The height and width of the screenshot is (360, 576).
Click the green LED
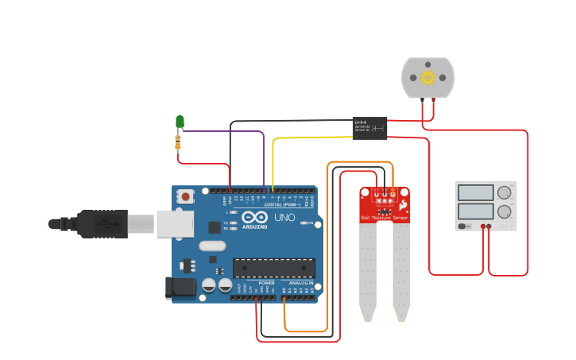coord(180,122)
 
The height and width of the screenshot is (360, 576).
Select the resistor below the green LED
coord(177,142)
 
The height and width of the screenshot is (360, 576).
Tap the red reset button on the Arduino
coord(185,195)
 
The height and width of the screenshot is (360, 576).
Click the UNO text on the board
coord(284,217)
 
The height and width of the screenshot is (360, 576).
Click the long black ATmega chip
coord(273,269)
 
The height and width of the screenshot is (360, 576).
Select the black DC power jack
coord(180,288)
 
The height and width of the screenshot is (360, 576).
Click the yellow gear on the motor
coord(427,77)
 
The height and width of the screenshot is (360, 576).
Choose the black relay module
coord(369,128)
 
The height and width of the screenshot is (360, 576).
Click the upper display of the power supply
coord(475,192)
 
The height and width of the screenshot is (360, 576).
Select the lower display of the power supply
coord(475,211)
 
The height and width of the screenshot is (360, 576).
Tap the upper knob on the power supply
coord(504,192)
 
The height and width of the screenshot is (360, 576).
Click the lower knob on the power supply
coord(504,212)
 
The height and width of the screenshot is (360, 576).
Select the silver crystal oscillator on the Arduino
coord(213,246)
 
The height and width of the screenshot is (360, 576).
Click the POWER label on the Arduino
coord(266,283)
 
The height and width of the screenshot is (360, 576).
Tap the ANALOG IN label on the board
coord(300,283)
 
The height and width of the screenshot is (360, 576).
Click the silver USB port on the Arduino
coord(174,224)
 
